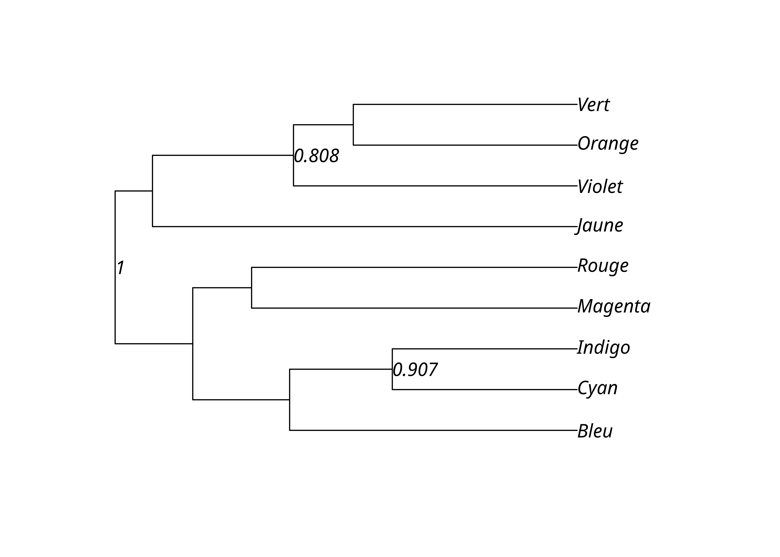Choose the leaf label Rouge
pos(603,266)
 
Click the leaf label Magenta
pos(614,306)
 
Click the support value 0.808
pos(316,156)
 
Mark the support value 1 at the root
pos(120,268)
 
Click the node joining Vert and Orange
pos(353,125)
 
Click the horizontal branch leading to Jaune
pos(364,226)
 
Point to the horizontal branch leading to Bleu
pos(432,430)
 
